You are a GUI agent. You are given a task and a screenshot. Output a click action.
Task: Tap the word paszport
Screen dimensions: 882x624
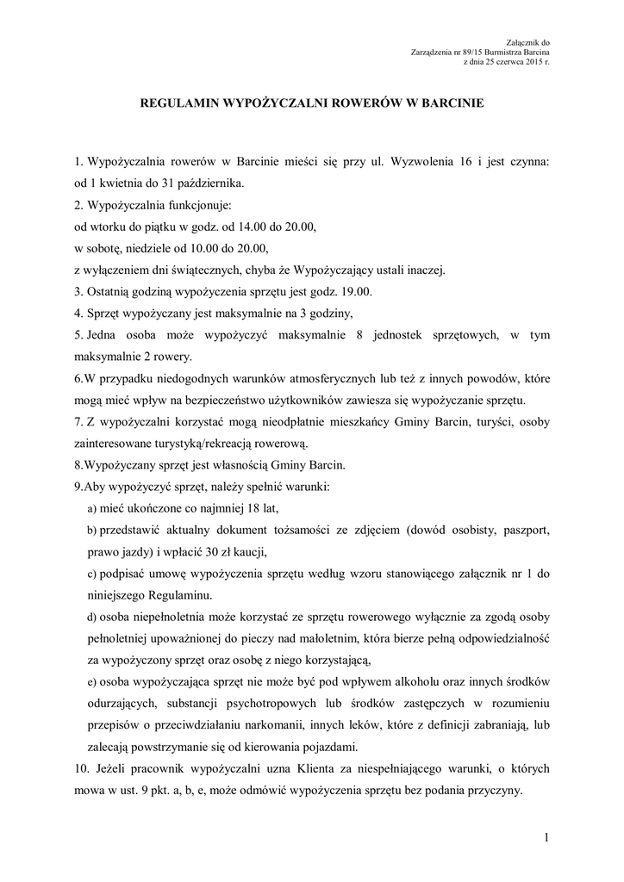[523, 530]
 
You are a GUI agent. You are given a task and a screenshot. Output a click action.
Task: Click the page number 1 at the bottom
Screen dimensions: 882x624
[546, 837]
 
